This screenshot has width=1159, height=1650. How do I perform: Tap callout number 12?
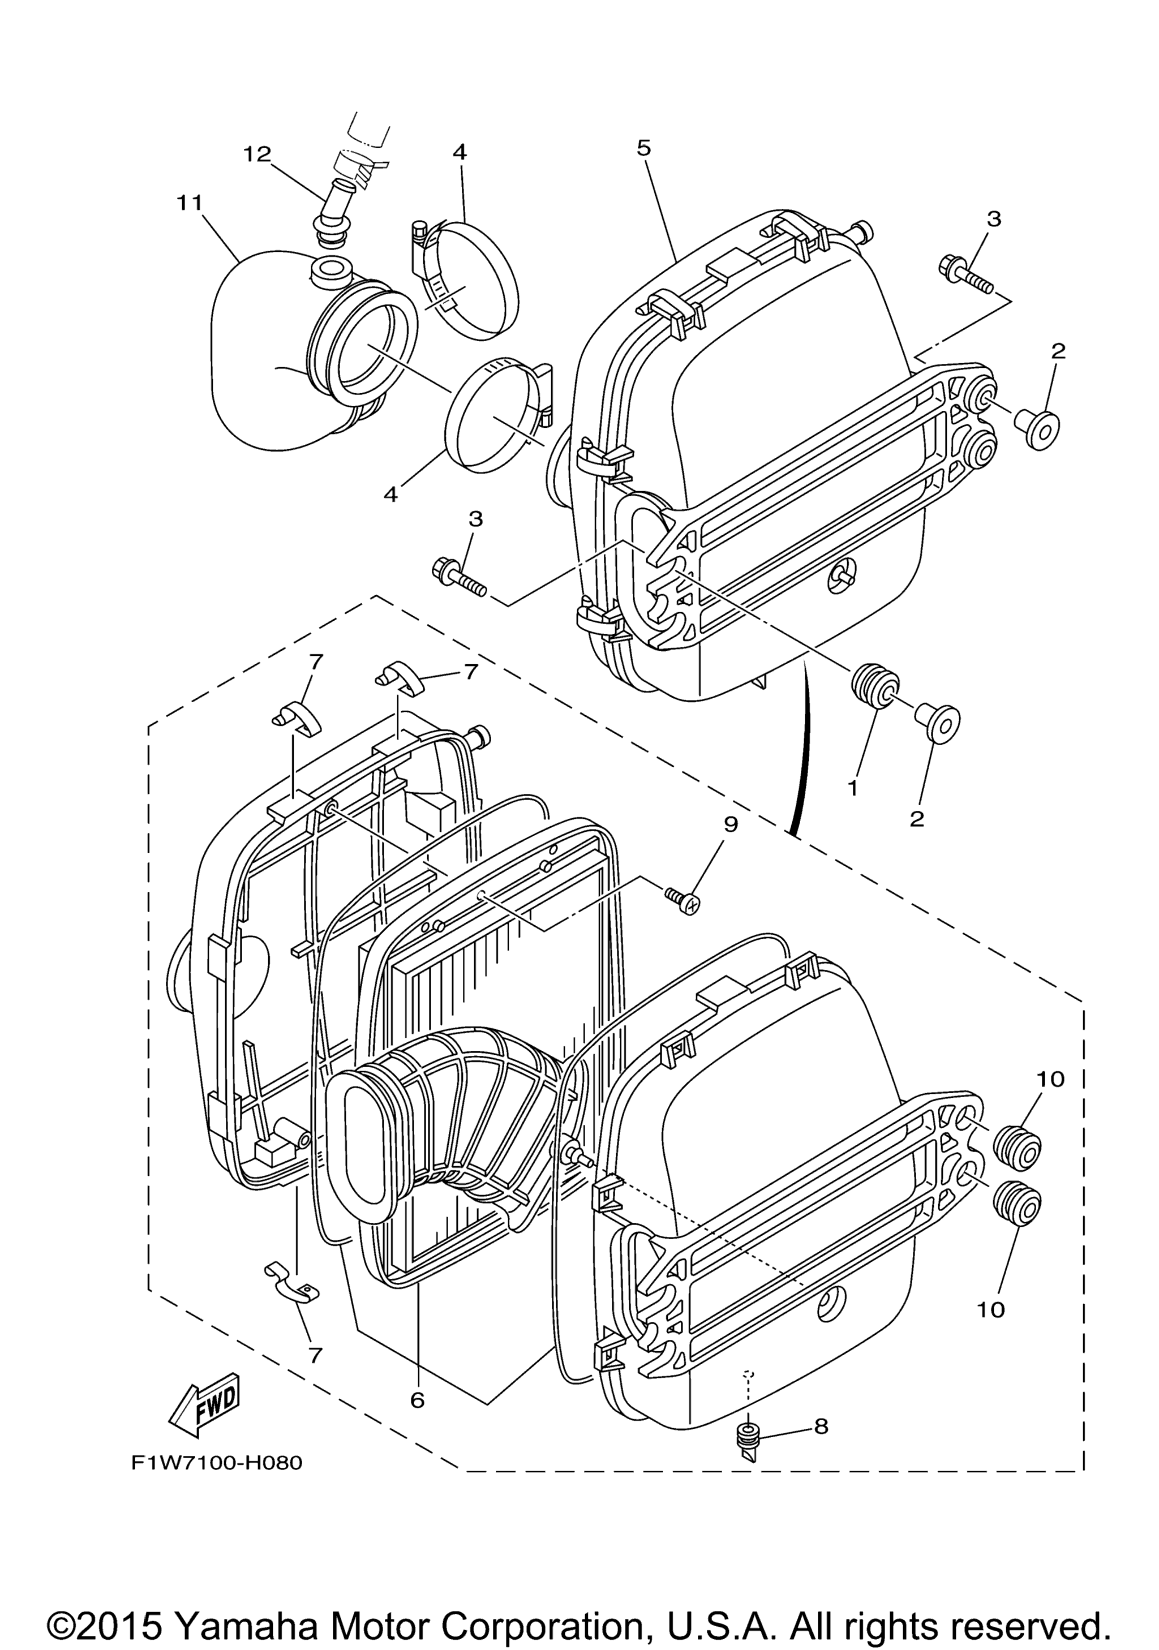pyautogui.click(x=256, y=154)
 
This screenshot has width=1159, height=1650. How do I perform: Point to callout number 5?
pyautogui.click(x=643, y=148)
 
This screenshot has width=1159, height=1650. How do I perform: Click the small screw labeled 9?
pyautogui.click(x=682, y=900)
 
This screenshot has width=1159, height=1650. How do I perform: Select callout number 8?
pyautogui.click(x=821, y=1426)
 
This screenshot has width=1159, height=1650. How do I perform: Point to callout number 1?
pyautogui.click(x=853, y=788)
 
